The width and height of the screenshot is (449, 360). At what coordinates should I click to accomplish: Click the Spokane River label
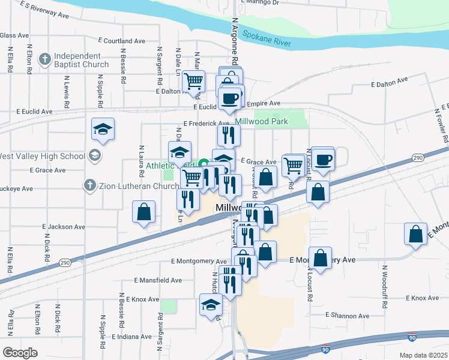pyautogui.click(x=267, y=38)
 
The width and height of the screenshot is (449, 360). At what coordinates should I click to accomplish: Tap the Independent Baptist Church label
pyautogui.click(x=80, y=60)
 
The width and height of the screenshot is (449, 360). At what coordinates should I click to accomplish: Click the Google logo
pyautogui.click(x=20, y=352)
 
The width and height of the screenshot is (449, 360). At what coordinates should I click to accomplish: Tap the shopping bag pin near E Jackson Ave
pyautogui.click(x=144, y=212)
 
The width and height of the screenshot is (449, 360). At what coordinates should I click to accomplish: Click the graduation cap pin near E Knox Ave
pyautogui.click(x=211, y=305)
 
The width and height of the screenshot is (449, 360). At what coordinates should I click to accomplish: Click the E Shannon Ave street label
pyautogui.click(x=348, y=315)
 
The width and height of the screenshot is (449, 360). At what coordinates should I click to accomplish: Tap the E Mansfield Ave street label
pyautogui.click(x=158, y=280)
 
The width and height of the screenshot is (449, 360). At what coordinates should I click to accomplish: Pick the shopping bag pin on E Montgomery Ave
pyautogui.click(x=321, y=258)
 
